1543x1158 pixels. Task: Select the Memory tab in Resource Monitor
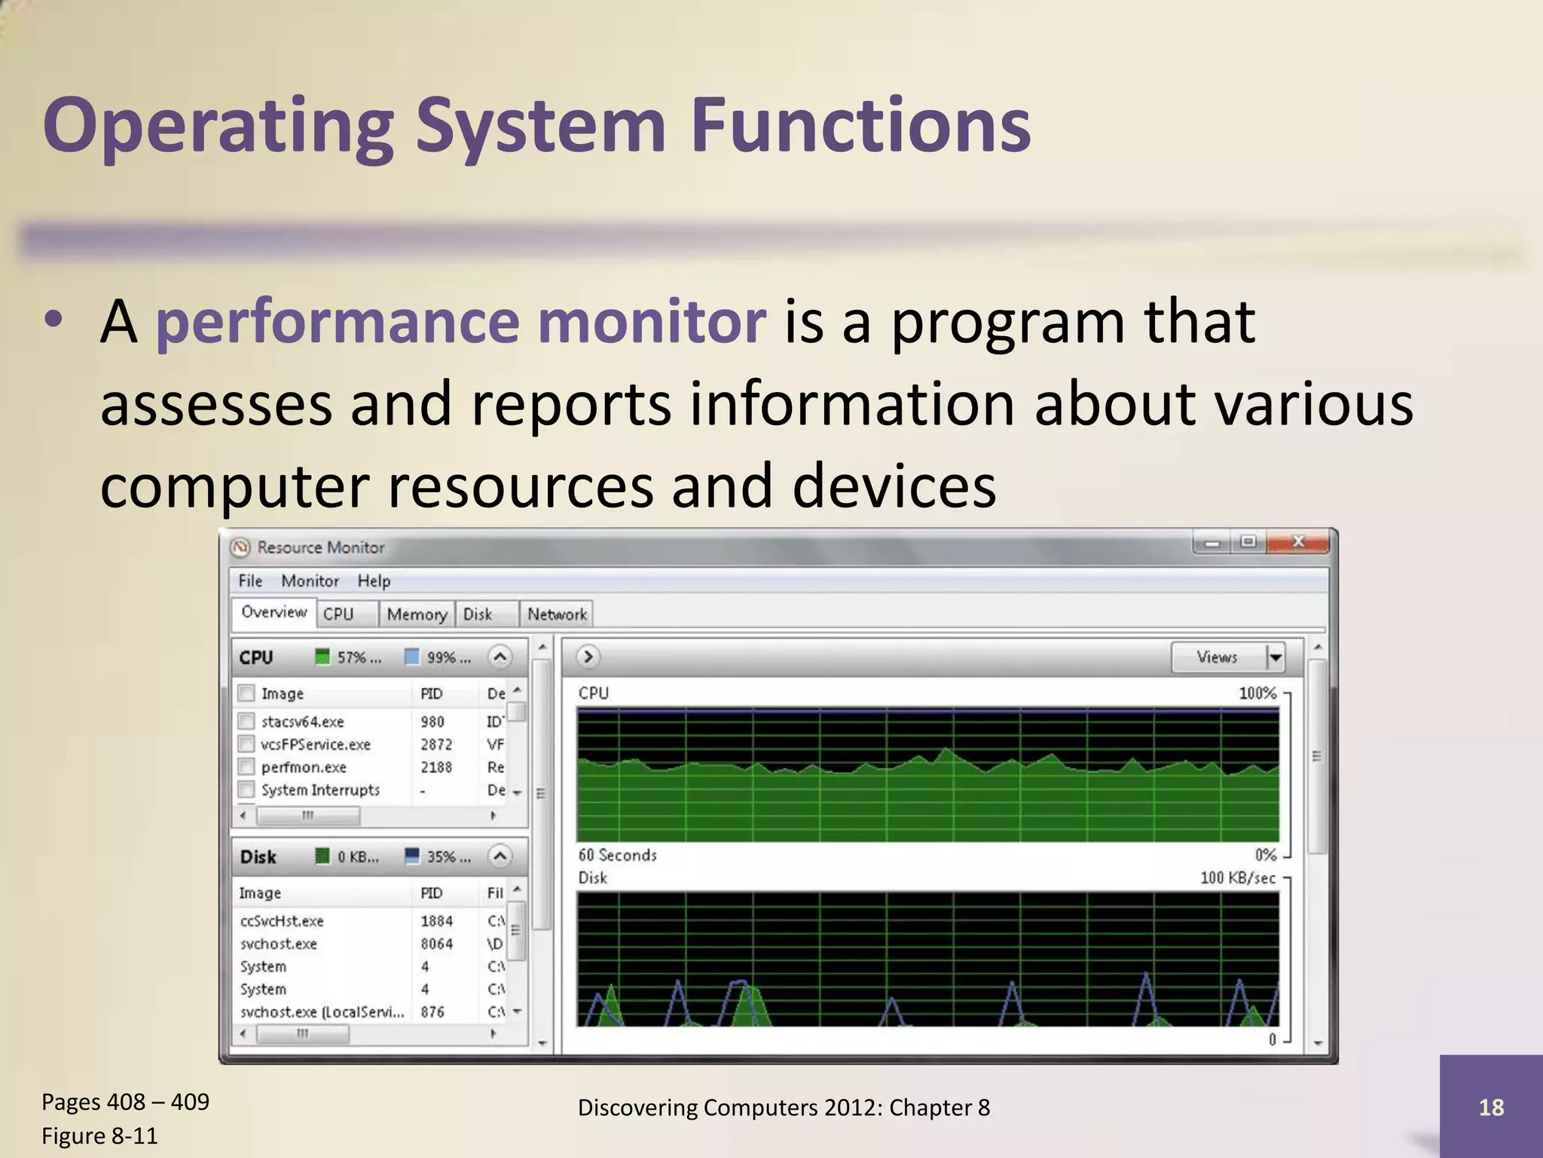click(x=417, y=614)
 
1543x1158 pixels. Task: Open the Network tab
click(x=557, y=614)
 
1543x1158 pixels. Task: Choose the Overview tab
click(x=273, y=612)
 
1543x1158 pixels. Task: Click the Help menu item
click(x=374, y=581)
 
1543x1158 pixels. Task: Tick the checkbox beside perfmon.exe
click(x=246, y=767)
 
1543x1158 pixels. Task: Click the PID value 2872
click(x=436, y=744)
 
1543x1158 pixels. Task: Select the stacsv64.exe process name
click(x=302, y=721)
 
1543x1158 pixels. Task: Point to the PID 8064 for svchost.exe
click(x=436, y=944)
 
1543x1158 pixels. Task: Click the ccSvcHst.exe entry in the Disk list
click(x=282, y=921)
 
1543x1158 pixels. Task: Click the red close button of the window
click(x=1297, y=542)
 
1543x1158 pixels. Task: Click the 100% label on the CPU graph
click(x=1257, y=693)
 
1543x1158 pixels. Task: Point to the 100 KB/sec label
click(x=1237, y=878)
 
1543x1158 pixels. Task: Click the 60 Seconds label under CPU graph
click(x=617, y=855)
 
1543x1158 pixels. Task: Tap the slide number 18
click(x=1490, y=1107)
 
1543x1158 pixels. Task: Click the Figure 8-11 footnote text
click(x=99, y=1135)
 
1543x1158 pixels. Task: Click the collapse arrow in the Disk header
click(x=500, y=856)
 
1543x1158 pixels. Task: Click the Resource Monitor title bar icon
click(x=240, y=547)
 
